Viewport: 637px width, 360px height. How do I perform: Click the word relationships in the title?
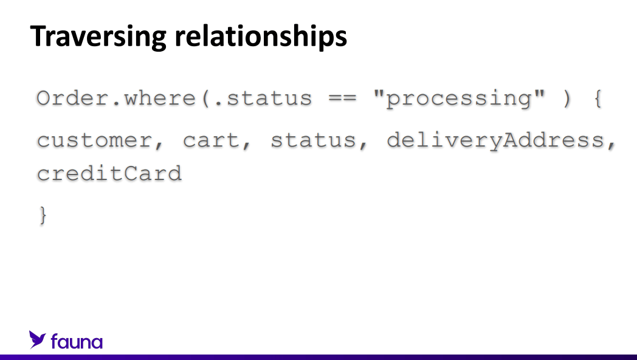pos(261,36)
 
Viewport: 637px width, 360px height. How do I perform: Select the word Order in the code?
pos(73,99)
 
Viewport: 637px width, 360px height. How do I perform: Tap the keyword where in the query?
pos(160,99)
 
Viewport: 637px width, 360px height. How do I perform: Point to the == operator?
pos(342,99)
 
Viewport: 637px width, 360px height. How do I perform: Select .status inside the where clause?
pos(264,99)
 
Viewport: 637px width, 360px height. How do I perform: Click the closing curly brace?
pos(43,215)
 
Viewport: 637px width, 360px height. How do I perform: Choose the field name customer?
pos(94,140)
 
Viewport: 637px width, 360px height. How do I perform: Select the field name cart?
pos(212,140)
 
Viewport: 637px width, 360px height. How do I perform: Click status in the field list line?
pos(314,140)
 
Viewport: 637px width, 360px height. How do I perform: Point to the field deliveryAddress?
pos(495,141)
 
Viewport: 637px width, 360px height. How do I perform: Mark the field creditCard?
pos(109,173)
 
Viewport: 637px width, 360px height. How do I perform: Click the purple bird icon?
pos(37,340)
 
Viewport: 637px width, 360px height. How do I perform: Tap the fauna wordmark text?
pos(77,342)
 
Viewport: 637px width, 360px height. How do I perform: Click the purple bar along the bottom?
pos(318,357)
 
